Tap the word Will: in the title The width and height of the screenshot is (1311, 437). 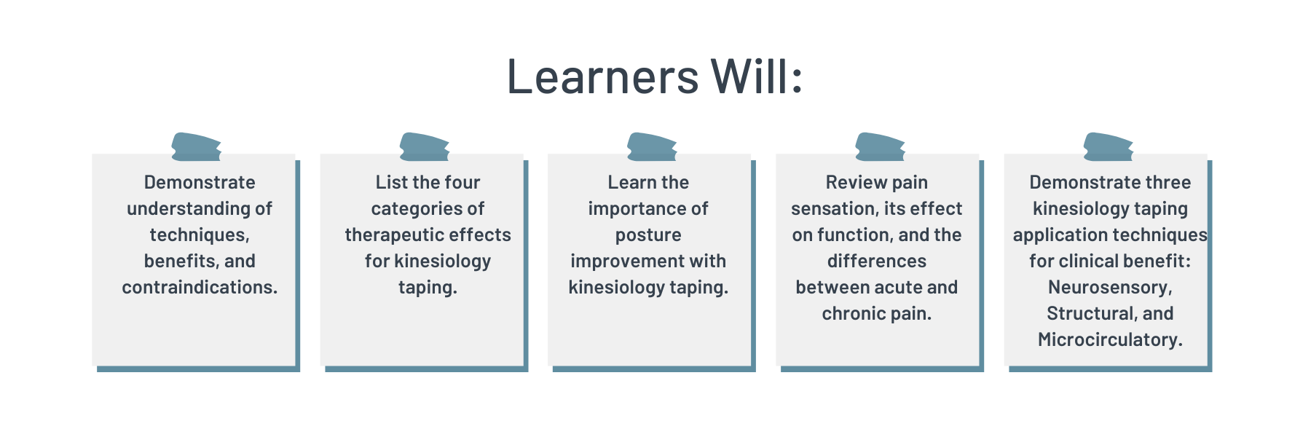coord(757,76)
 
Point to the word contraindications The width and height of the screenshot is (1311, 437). coord(200,287)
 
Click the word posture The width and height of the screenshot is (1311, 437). coord(648,235)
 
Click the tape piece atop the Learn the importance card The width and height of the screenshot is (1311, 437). coord(652,146)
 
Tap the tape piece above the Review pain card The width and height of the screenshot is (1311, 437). coord(880,146)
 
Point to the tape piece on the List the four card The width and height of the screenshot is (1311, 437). coord(424,146)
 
